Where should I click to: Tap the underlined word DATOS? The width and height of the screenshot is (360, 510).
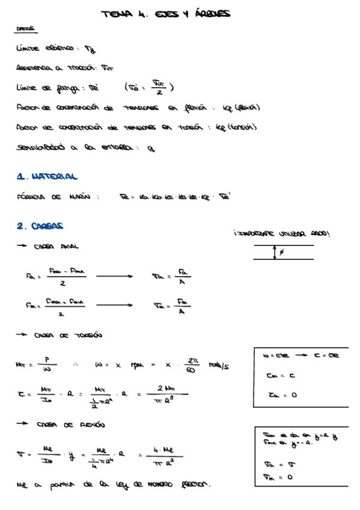pyautogui.click(x=25, y=28)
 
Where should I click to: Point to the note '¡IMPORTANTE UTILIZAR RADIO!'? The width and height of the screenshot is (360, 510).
pyautogui.click(x=282, y=233)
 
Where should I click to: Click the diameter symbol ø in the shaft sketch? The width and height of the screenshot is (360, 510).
pyautogui.click(x=282, y=253)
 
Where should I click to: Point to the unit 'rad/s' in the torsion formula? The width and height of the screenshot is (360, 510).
pyautogui.click(x=220, y=365)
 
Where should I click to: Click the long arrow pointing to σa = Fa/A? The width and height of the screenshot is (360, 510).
pyautogui.click(x=115, y=277)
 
